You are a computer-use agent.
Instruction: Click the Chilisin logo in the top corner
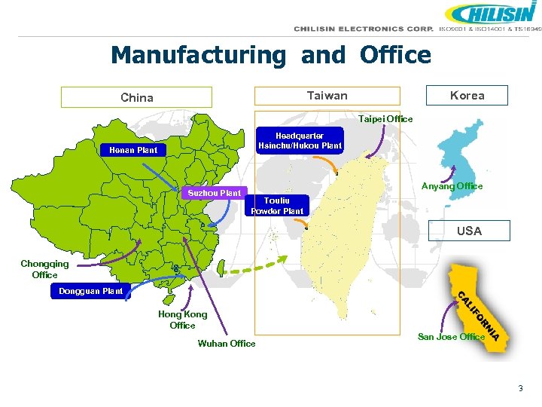pos(490,14)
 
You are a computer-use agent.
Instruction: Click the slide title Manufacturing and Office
pos(271,55)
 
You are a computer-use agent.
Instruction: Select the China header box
pos(136,97)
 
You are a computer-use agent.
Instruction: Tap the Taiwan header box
pos(327,96)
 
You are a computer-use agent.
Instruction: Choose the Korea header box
pos(467,95)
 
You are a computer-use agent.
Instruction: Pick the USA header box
pos(469,231)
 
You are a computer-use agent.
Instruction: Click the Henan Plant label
pos(133,150)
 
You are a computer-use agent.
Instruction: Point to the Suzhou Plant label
pos(215,193)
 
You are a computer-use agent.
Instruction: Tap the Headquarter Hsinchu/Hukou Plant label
pos(300,141)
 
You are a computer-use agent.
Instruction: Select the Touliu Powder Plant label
pos(278,206)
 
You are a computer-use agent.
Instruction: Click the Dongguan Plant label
pos(91,291)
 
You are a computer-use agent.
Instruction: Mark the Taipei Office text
pos(385,119)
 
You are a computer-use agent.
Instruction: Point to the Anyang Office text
pos(452,186)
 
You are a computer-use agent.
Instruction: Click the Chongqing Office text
pos(44,269)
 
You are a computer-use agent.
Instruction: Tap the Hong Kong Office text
pos(182,320)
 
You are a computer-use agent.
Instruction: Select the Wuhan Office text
pos(226,344)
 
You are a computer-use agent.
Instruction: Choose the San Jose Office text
pos(451,337)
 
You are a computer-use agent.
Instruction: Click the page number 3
pos(519,388)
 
